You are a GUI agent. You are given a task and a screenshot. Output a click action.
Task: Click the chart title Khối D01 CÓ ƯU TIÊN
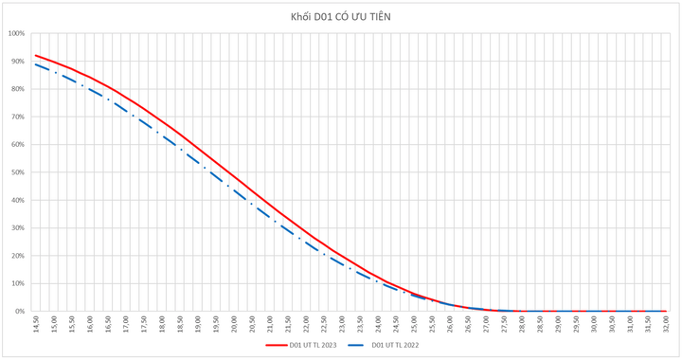(341, 17)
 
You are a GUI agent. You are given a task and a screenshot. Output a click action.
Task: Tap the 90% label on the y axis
(18, 62)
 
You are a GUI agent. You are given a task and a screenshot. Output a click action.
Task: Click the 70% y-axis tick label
(18, 117)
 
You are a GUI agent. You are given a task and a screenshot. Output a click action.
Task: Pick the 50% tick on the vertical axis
(18, 172)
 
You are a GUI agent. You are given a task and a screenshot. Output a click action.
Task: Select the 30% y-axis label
(18, 228)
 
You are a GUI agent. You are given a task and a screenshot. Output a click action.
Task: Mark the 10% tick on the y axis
(18, 283)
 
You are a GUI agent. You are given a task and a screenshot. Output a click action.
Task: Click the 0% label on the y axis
(20, 311)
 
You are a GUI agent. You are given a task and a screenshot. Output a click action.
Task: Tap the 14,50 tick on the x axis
(36, 323)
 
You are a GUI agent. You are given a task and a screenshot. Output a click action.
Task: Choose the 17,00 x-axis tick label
(126, 323)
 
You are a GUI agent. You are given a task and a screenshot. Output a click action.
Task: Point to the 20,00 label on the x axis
(234, 323)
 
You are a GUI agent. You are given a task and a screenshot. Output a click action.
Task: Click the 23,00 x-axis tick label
(342, 323)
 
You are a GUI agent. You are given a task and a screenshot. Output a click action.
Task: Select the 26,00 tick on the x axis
(450, 323)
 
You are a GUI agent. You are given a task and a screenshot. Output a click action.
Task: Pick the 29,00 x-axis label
(558, 323)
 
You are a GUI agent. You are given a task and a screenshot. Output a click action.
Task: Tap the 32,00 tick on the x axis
(666, 323)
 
